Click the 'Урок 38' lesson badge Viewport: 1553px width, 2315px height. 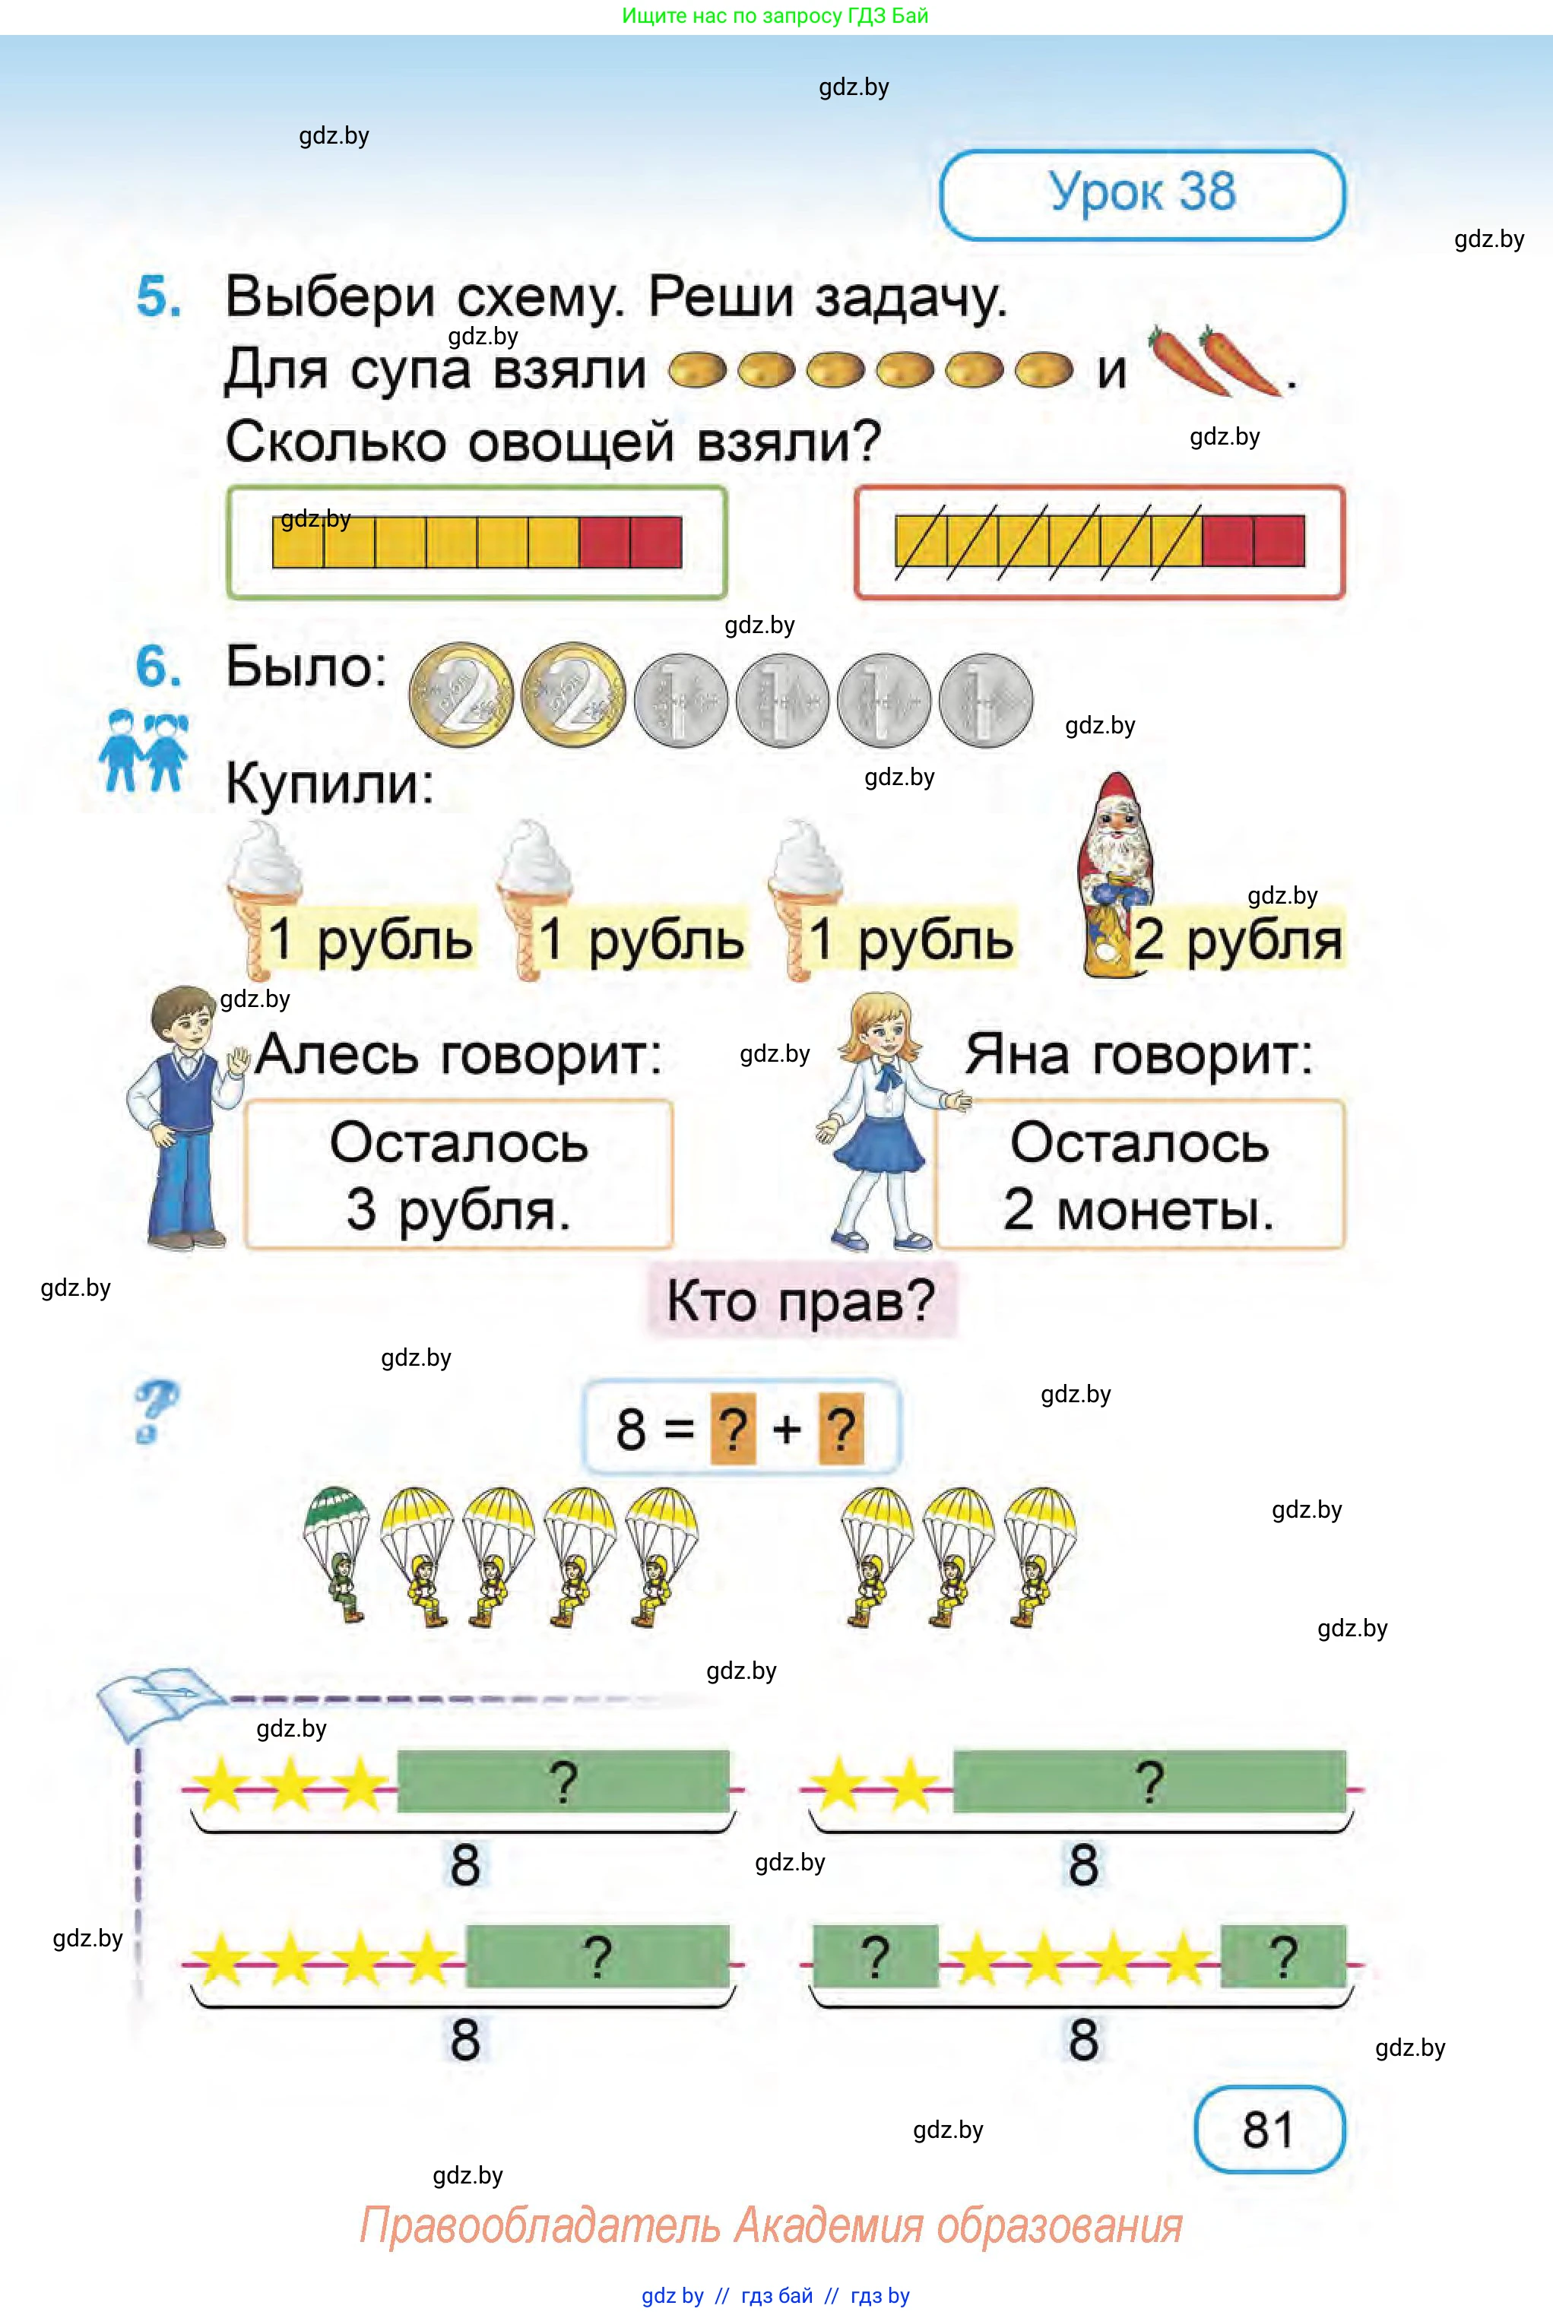(1142, 194)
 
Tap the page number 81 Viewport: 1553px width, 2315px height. (1269, 2129)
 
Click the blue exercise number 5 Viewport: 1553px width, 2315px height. (158, 296)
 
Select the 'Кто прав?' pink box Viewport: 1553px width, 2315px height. (801, 1300)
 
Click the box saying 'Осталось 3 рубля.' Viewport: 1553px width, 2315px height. (458, 1174)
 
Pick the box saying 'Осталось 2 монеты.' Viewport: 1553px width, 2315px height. (1139, 1174)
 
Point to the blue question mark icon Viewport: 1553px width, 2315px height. (156, 1411)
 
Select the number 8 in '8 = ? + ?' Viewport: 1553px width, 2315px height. (631, 1430)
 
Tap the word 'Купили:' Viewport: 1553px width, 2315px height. (330, 784)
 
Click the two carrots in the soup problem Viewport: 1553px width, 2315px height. (1213, 362)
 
